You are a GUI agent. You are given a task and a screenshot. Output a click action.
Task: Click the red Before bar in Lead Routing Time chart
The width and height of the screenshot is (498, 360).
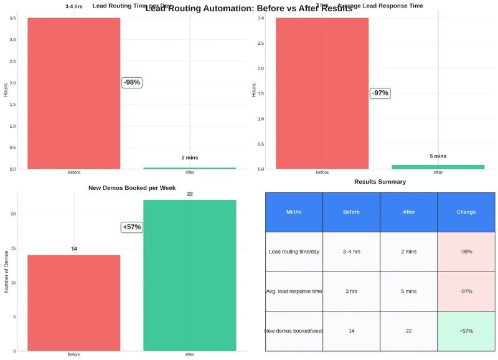73,93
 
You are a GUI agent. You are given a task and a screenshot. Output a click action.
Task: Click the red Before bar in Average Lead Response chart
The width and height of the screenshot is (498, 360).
322,93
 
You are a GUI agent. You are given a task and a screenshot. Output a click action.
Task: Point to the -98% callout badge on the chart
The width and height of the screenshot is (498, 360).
132,82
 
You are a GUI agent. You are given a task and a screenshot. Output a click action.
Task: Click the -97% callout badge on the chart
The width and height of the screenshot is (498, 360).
380,93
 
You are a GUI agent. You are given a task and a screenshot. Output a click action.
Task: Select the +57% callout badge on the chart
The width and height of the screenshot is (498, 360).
132,227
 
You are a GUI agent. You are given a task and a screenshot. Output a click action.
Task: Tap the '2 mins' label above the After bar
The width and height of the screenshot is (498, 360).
190,158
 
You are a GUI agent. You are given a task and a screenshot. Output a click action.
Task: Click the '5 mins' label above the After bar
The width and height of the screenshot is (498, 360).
438,156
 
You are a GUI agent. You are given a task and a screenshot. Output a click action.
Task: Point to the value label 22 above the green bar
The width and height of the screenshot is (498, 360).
190,194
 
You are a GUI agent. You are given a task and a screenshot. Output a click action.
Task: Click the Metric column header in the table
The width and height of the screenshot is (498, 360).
294,212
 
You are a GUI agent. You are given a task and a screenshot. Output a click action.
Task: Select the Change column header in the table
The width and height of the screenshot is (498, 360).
466,212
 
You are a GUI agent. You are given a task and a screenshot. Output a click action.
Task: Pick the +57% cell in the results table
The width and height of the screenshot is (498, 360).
466,331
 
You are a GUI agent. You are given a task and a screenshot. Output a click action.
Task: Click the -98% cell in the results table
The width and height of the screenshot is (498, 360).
466,252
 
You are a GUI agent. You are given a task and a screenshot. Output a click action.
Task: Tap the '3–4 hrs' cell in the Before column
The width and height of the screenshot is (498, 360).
351,252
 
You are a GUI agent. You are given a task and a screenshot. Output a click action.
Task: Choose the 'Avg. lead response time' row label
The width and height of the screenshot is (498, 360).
294,291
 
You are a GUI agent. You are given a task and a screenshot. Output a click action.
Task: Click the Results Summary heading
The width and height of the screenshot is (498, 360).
380,182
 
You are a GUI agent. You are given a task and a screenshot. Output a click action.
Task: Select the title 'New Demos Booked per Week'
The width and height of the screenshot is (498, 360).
132,187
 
